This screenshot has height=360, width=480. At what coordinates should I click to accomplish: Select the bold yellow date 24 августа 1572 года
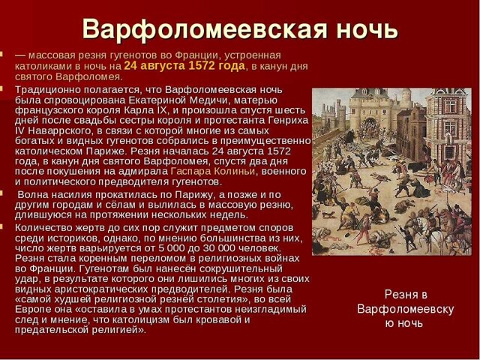184,66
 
